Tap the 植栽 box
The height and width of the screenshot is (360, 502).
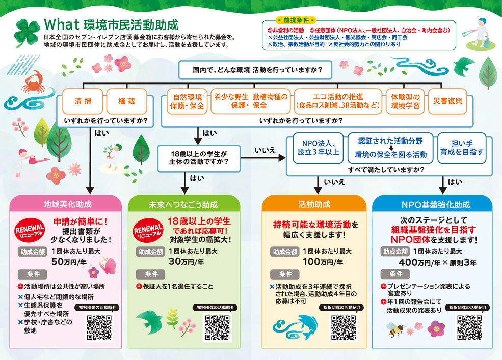pos(126,101)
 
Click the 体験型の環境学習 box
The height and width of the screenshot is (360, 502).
pos(405,101)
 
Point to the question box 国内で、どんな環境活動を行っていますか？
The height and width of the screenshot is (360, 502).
pos(254,70)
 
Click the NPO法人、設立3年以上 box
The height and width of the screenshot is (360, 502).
pos(318,148)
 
